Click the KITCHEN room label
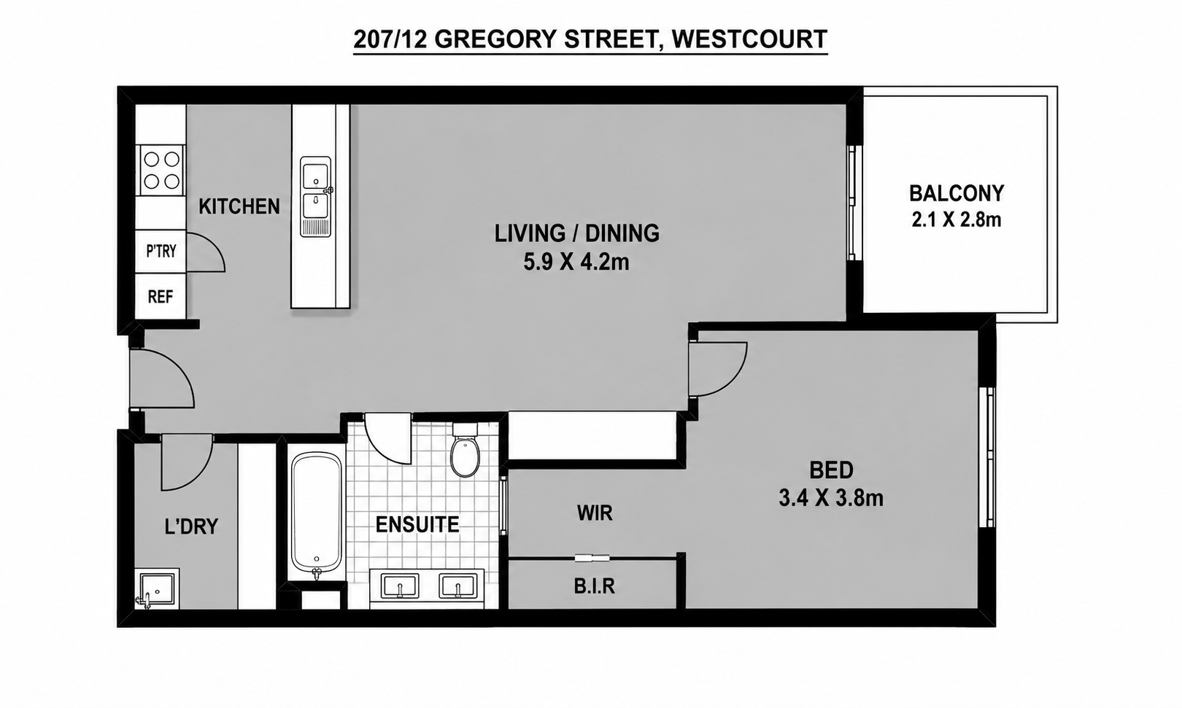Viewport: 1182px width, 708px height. click(239, 206)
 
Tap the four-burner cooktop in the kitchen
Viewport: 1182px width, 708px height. click(161, 170)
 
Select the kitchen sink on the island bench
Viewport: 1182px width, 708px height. click(315, 197)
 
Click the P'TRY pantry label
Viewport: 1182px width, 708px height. click(161, 251)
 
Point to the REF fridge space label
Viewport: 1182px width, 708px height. click(161, 297)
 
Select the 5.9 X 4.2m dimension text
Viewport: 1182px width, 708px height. click(576, 262)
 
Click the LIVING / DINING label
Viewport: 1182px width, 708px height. click(576, 233)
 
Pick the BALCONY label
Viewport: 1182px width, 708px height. click(956, 193)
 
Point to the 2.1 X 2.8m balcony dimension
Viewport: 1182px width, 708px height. click(956, 219)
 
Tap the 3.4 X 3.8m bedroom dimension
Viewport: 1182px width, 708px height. click(831, 498)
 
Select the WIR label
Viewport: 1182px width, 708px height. click(595, 513)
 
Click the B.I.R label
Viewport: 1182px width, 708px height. click(595, 586)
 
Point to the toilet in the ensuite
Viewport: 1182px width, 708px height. click(465, 451)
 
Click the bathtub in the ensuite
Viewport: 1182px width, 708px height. click(317, 514)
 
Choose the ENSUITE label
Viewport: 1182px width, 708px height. click(417, 524)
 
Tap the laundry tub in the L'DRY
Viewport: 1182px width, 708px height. click(158, 588)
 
